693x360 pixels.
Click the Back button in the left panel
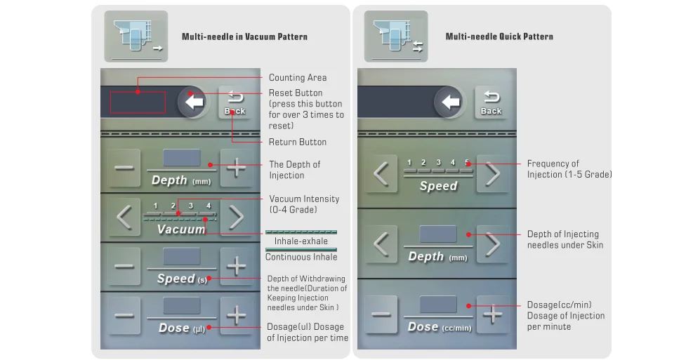click(x=235, y=102)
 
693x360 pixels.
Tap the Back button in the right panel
click(x=491, y=102)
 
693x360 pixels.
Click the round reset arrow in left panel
click(x=193, y=102)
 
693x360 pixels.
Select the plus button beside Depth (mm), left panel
click(x=237, y=168)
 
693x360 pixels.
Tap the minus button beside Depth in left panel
click(x=124, y=168)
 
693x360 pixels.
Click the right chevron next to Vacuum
click(x=237, y=218)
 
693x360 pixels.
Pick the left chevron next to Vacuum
click(x=124, y=218)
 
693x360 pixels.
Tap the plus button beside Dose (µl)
click(x=237, y=315)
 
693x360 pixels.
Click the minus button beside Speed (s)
click(x=124, y=267)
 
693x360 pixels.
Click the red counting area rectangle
click(x=138, y=102)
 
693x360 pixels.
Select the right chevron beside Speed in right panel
click(x=493, y=173)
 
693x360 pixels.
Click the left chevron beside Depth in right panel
click(x=381, y=244)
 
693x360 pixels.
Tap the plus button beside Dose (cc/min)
click(x=493, y=314)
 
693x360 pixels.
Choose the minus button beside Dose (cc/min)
click(x=381, y=314)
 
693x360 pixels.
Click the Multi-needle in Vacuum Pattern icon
click(x=136, y=36)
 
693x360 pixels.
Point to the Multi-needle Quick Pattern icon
click(x=395, y=36)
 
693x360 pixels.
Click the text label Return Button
click(x=298, y=142)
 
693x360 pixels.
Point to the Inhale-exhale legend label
click(x=301, y=241)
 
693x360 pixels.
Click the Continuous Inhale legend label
click(x=301, y=257)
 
